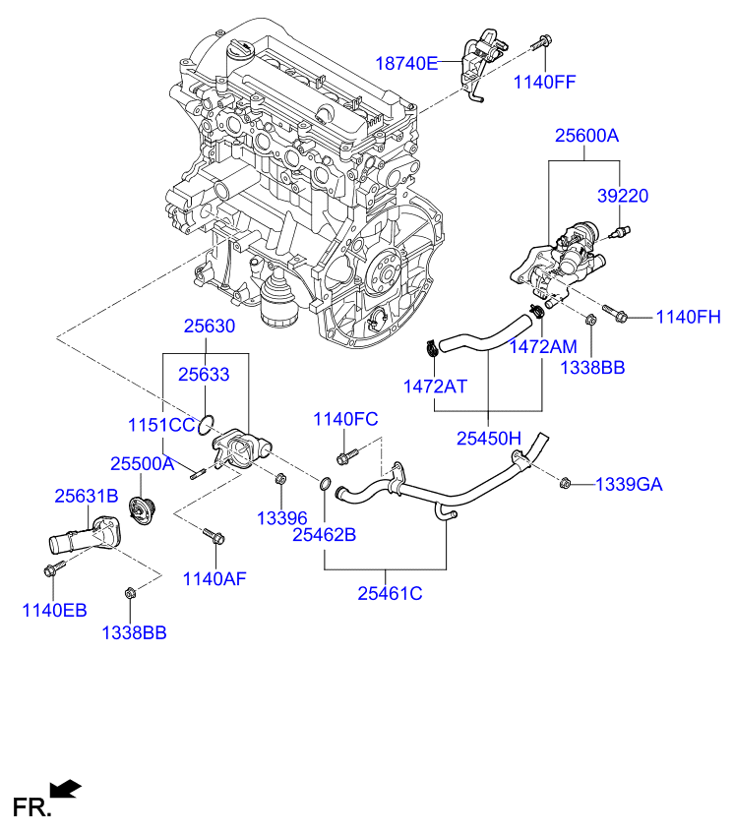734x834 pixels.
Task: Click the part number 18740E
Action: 406,64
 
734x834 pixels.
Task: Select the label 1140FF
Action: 544,83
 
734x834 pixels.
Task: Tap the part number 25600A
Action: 586,137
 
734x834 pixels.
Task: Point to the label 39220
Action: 624,196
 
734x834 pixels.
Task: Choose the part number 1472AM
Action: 543,346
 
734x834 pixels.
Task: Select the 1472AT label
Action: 435,387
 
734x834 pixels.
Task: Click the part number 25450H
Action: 489,437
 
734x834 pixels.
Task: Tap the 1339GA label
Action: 629,484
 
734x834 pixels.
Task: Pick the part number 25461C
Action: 390,593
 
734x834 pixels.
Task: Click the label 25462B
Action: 324,535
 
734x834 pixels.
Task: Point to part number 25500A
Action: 142,463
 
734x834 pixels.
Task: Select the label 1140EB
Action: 54,611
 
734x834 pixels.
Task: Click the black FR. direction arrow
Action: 65,787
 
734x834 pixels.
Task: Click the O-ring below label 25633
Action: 205,426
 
